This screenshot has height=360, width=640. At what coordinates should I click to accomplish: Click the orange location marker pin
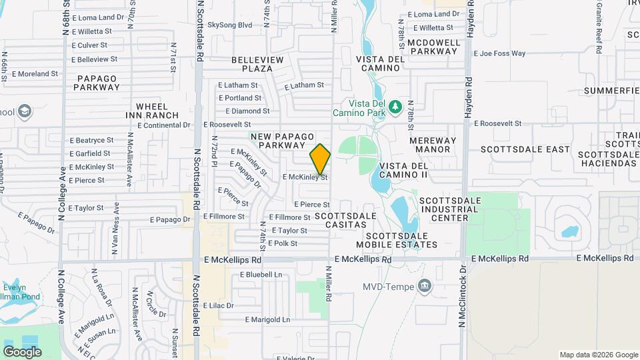click(320, 159)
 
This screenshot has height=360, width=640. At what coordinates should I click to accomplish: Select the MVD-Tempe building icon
click(424, 286)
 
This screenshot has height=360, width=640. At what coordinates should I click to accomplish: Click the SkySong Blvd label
click(230, 25)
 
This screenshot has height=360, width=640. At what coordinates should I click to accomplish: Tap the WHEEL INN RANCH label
click(157, 111)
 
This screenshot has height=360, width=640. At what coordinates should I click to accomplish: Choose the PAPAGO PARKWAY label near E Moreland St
click(97, 83)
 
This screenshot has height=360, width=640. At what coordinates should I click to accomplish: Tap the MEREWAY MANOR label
click(433, 145)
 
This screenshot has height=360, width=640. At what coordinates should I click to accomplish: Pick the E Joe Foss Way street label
click(499, 53)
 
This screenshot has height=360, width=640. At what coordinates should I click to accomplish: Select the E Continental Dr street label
click(164, 125)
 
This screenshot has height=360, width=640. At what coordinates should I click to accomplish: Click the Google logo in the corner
click(22, 351)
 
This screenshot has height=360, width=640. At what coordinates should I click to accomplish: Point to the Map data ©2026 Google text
click(598, 355)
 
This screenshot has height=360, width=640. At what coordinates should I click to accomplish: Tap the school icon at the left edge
click(25, 110)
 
